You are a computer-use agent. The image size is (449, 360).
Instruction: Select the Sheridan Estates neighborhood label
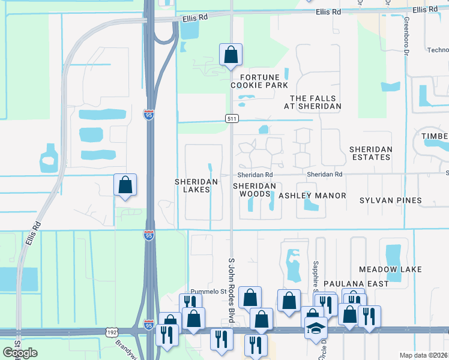coord(371,153)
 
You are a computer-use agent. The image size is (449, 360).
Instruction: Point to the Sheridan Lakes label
coord(192,185)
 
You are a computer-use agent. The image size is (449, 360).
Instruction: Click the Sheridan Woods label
coord(255,190)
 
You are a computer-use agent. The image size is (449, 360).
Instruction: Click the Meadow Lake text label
coord(390,270)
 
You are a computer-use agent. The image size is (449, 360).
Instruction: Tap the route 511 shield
coord(232,119)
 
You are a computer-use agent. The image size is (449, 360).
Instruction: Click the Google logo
coord(20,353)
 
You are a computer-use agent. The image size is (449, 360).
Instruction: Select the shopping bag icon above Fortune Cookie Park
coord(231,56)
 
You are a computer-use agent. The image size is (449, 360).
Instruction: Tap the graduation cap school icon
coord(315,328)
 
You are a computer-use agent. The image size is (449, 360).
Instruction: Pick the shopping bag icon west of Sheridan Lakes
coord(125,186)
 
